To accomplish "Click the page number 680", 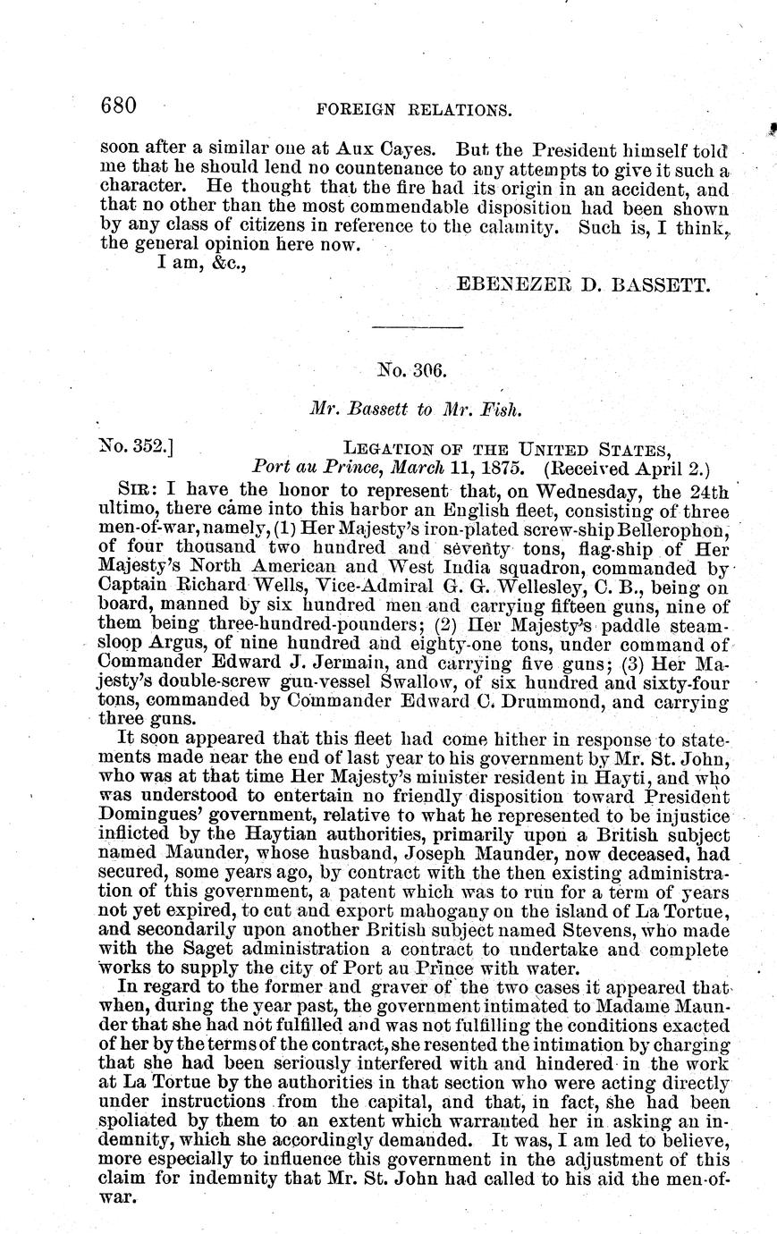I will [117, 106].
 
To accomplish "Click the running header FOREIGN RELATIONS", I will [415, 110].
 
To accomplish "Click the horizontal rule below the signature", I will [417, 328].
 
